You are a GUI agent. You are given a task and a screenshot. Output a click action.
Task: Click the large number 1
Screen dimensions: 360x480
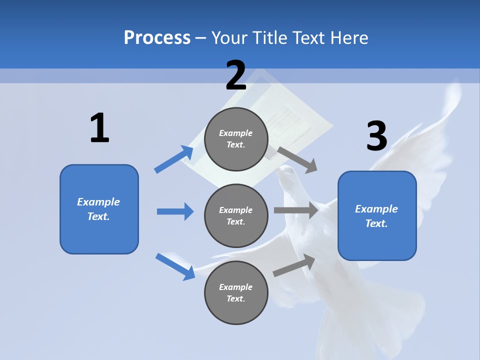tap(99, 128)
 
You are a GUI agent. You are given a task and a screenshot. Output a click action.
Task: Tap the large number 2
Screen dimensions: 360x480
tap(236, 75)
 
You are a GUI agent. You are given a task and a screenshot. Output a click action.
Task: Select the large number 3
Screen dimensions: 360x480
tap(377, 136)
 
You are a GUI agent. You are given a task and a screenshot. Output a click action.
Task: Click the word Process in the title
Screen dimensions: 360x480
tap(157, 37)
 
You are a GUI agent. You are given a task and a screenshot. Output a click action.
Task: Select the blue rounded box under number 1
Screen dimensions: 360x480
tap(99, 209)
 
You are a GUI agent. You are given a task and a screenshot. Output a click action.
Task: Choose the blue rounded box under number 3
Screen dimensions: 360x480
tap(377, 215)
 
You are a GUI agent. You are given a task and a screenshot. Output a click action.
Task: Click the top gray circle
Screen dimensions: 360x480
tap(236, 139)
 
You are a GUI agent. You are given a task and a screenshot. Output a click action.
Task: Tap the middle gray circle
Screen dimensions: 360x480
tap(236, 215)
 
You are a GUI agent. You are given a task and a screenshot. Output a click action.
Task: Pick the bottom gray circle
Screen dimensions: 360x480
tap(236, 292)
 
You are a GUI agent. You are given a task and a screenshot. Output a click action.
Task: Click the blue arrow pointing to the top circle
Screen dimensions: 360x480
tap(174, 159)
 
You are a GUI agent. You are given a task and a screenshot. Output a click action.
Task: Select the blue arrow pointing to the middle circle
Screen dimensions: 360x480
tap(175, 211)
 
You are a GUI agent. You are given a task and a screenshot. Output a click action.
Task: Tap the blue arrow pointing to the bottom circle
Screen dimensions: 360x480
tap(175, 266)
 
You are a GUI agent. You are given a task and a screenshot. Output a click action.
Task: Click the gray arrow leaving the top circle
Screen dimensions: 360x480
tap(297, 159)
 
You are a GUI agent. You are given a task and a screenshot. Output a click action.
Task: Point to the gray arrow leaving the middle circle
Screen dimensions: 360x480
tap(296, 210)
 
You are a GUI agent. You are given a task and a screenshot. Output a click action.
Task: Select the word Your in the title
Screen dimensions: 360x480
tap(227, 37)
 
